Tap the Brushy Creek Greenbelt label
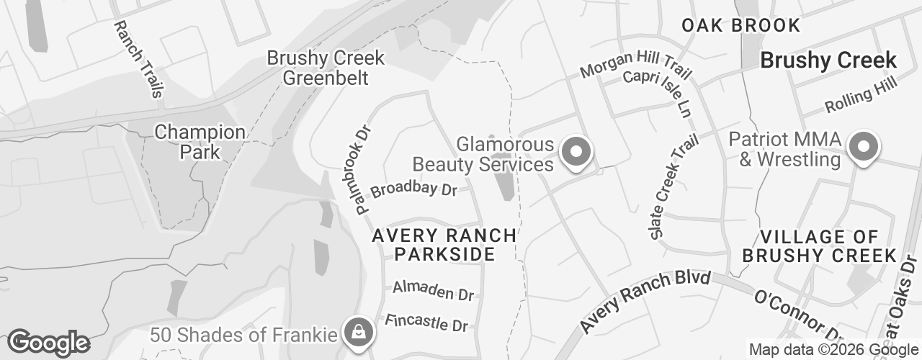pyautogui.click(x=326, y=68)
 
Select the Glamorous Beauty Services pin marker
pyautogui.click(x=576, y=153)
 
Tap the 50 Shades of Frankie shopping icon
pyautogui.click(x=357, y=332)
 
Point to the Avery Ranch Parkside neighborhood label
pyautogui.click(x=444, y=245)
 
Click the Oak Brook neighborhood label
pyautogui.click(x=740, y=25)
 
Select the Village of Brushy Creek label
pyautogui.click(x=819, y=246)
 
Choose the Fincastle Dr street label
pyautogui.click(x=426, y=323)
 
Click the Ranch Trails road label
pyautogui.click(x=139, y=59)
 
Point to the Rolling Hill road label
pyautogui.click(x=861, y=96)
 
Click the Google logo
pyautogui.click(x=48, y=342)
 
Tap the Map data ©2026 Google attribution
pyautogui.click(x=833, y=350)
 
